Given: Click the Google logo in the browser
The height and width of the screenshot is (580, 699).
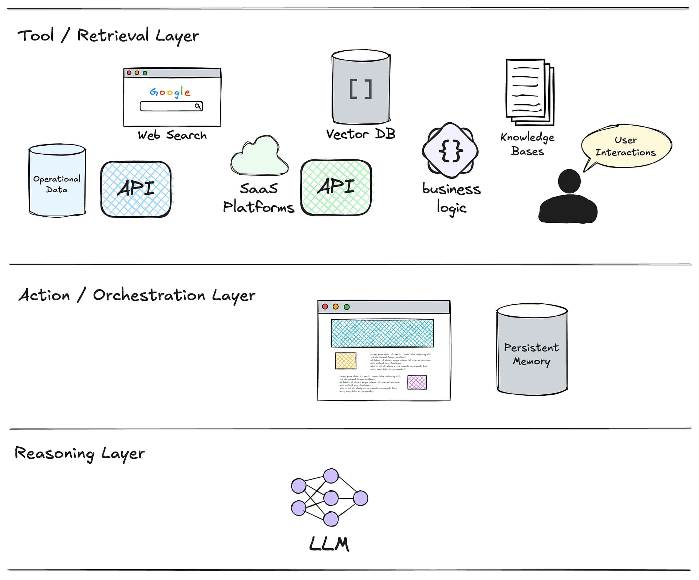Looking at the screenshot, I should click(170, 92).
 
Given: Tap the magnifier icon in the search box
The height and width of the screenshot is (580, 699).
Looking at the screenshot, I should click(197, 106).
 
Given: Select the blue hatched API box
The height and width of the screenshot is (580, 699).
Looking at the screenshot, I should click(136, 189).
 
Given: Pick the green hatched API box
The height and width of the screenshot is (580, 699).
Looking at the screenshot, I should click(336, 187).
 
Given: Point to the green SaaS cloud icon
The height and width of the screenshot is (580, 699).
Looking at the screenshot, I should click(259, 157).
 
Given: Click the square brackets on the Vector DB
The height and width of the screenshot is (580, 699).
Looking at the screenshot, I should click(361, 90).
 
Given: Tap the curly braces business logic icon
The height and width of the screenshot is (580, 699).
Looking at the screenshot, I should click(450, 150).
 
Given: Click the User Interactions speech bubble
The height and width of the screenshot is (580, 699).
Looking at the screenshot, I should click(626, 146).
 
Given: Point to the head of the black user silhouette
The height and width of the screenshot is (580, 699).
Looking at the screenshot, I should click(569, 181).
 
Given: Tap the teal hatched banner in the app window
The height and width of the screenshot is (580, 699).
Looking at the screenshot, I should click(382, 333).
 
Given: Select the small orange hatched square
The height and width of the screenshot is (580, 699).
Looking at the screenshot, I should click(345, 361).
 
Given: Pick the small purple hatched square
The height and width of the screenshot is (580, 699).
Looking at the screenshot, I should click(417, 382).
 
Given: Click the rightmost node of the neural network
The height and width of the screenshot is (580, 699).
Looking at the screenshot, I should click(360, 498).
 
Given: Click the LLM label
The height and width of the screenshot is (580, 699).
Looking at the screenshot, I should click(329, 544).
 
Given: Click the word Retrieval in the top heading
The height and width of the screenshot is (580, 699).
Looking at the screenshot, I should click(113, 36).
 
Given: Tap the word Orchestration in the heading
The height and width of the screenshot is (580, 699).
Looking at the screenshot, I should click(149, 295).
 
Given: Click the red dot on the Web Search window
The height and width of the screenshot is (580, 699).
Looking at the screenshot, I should click(129, 73).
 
